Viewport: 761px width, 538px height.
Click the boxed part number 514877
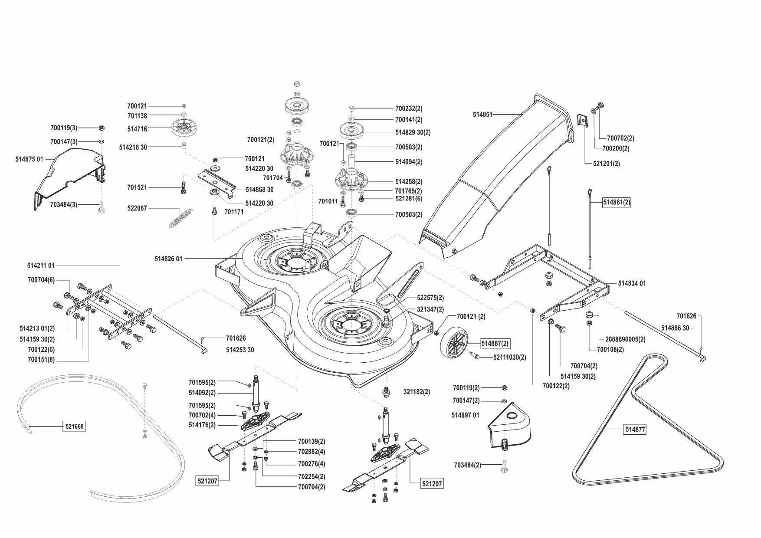(635, 430)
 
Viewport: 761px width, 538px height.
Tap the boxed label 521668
(74, 426)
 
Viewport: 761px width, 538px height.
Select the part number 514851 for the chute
(482, 115)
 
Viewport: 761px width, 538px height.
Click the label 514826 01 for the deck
(168, 259)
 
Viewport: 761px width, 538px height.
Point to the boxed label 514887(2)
(495, 343)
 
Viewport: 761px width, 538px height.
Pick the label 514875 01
(29, 159)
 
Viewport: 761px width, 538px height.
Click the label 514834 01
(632, 283)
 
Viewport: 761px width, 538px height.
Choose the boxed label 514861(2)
(616, 203)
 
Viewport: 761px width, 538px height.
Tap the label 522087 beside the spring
(137, 208)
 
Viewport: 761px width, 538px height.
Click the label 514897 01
(465, 415)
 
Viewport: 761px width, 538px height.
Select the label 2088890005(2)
(622, 339)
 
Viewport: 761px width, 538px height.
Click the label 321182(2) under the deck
(417, 392)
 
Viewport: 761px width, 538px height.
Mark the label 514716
(137, 129)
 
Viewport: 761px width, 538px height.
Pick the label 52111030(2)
(509, 358)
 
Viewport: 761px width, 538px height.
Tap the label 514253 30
(240, 350)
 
